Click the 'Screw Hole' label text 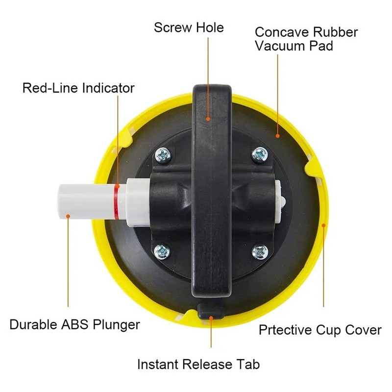pyautogui.click(x=189, y=27)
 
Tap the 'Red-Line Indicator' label pyautogui.click(x=78, y=88)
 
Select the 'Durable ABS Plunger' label pyautogui.click(x=74, y=324)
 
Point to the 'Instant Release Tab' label pyautogui.click(x=198, y=364)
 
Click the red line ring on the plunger pyautogui.click(x=117, y=202)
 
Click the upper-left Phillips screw pyautogui.click(x=163, y=155)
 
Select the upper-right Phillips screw pyautogui.click(x=260, y=154)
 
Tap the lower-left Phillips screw pyautogui.click(x=162, y=251)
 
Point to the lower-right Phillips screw pyautogui.click(x=260, y=251)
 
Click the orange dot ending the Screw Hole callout pyautogui.click(x=208, y=119)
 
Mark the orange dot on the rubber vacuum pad pyautogui.click(x=277, y=136)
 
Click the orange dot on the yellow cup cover pyautogui.click(x=323, y=225)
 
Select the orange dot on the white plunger pyautogui.click(x=68, y=216)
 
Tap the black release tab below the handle pyautogui.click(x=211, y=311)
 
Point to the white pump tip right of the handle pyautogui.click(x=280, y=200)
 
